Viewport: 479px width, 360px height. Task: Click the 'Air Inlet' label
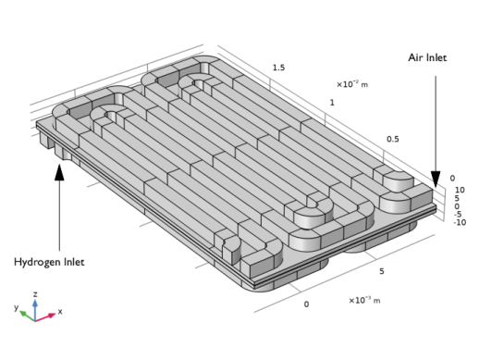[427, 57]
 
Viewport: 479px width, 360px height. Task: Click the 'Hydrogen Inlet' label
[49, 262]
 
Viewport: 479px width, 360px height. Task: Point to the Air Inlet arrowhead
[436, 180]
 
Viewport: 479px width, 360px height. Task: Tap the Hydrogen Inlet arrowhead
[59, 172]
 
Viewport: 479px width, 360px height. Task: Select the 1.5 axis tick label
[278, 68]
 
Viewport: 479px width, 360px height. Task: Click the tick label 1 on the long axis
[332, 103]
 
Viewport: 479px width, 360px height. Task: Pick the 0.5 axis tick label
[393, 139]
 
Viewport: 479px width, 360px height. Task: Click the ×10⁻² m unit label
[352, 84]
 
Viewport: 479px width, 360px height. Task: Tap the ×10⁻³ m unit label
[364, 300]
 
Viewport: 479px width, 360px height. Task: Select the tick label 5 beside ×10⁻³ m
[382, 271]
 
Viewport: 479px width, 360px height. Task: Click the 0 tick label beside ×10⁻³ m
[306, 304]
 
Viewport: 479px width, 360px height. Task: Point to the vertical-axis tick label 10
[460, 190]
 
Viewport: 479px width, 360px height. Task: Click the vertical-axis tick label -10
[460, 222]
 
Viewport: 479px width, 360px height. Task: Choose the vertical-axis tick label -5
[458, 214]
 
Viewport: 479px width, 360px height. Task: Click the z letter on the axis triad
[35, 294]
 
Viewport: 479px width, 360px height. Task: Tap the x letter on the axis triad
[60, 312]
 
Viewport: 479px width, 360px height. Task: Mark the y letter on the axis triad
[17, 307]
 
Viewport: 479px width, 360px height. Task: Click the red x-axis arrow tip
[55, 314]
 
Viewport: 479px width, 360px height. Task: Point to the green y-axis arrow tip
[19, 312]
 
